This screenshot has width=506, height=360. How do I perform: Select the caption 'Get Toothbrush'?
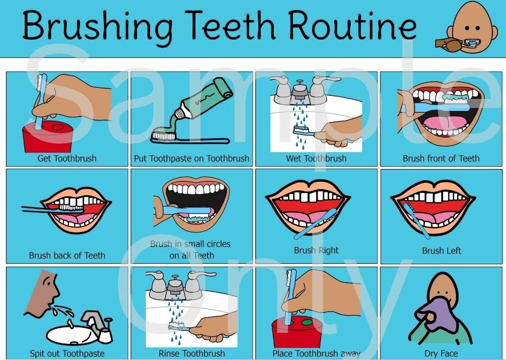(67, 158)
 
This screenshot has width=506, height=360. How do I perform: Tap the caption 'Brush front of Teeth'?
(441, 158)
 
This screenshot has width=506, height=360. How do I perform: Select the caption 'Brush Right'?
(316, 250)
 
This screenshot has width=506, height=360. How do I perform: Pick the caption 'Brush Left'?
(441, 250)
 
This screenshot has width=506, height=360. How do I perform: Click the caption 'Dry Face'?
(441, 353)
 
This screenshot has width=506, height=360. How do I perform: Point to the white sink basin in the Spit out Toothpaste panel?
(70, 333)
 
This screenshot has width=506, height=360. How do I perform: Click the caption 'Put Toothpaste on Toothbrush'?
(191, 158)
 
